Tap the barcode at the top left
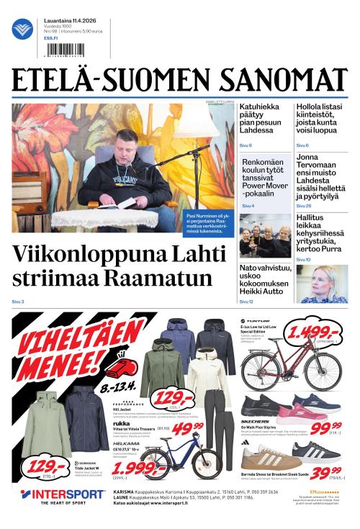[63, 50]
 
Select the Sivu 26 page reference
[304, 206]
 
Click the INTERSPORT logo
[63, 495]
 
